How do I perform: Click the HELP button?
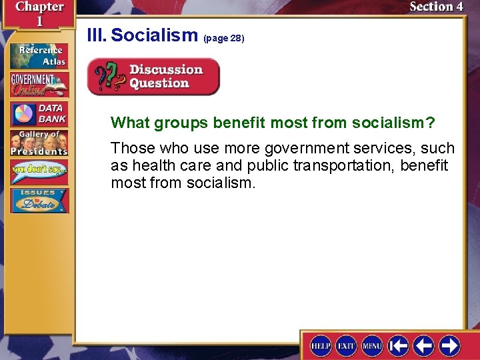click(x=321, y=345)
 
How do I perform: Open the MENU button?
click(x=372, y=345)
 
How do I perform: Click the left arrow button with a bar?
click(x=399, y=345)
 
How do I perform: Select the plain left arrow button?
click(x=425, y=345)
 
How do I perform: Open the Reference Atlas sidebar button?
click(x=39, y=56)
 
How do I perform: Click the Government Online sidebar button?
click(x=39, y=85)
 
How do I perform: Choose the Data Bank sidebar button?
click(x=39, y=113)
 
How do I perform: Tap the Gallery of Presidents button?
click(x=39, y=143)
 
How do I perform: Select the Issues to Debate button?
click(x=39, y=201)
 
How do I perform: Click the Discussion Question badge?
click(x=153, y=77)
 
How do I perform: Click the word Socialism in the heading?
click(x=155, y=35)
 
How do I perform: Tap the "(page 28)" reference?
click(x=225, y=39)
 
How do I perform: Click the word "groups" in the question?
click(x=181, y=123)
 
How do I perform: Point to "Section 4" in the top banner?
click(x=436, y=7)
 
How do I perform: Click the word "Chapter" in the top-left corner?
click(x=39, y=7)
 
